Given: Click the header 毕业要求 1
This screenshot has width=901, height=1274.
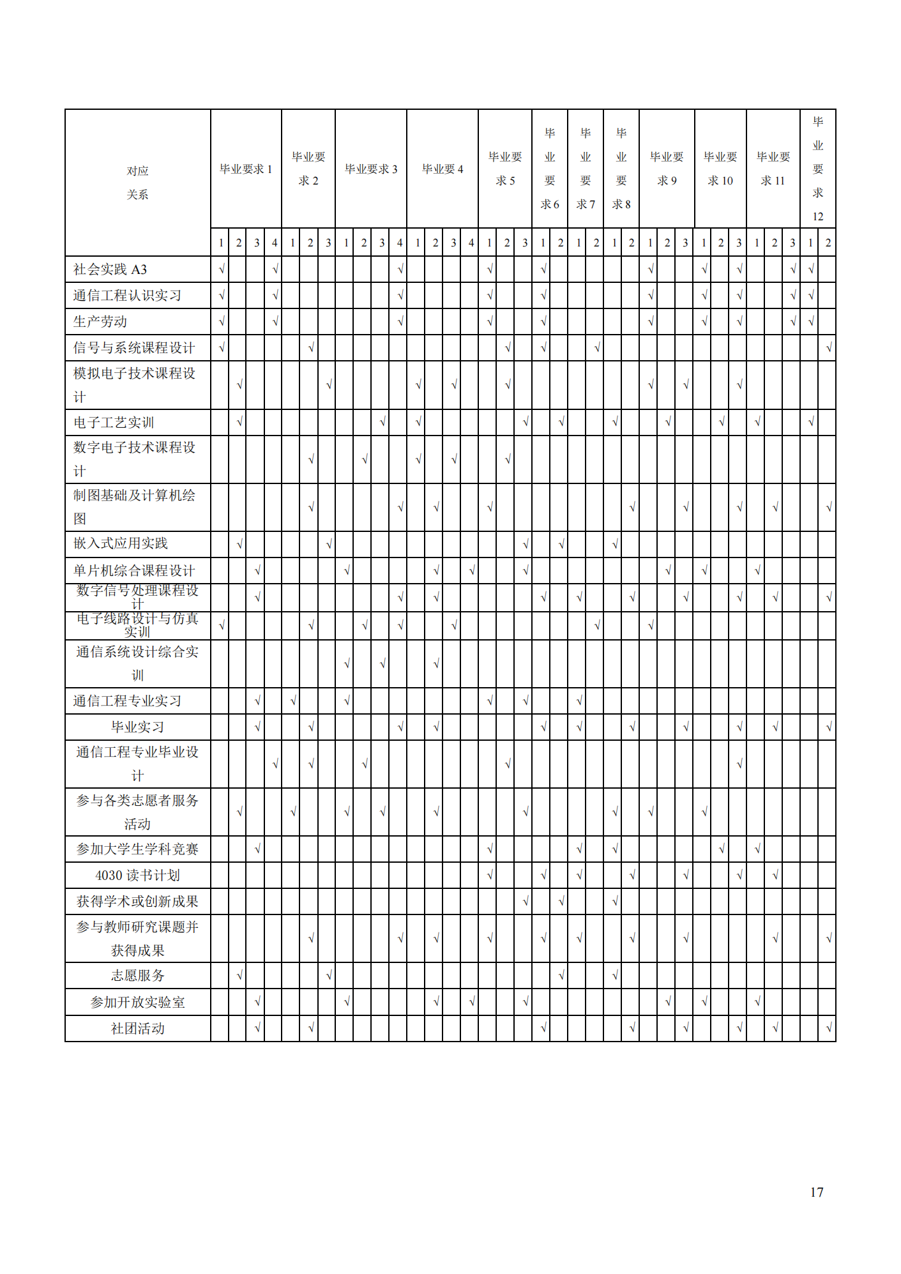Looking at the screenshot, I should (x=246, y=169).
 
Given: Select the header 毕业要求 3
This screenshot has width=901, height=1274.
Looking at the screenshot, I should (x=371, y=169).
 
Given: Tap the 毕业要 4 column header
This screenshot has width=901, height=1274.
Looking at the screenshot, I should (x=443, y=169).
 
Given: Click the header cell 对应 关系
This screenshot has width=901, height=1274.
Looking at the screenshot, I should (x=137, y=183).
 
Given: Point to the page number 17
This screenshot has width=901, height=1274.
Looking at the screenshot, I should (x=816, y=1192).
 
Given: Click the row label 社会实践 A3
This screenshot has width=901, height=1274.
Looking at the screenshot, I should (x=110, y=269).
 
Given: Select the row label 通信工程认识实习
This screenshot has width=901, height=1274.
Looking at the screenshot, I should (x=127, y=296).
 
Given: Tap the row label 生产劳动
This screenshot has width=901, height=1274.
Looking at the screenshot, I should (x=100, y=322).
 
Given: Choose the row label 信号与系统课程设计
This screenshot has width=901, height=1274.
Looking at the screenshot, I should (x=134, y=348).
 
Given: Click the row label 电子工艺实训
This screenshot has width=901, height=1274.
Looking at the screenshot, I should (x=114, y=423).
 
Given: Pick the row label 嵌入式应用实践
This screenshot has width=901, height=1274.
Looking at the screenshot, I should (x=121, y=543).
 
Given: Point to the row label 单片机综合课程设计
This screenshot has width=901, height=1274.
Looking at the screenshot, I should (x=134, y=570).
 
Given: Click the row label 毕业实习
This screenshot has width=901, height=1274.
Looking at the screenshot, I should (x=137, y=727).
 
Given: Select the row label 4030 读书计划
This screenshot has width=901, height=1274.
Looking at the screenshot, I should (x=137, y=875).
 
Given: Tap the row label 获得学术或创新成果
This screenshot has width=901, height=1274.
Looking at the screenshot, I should (x=137, y=901).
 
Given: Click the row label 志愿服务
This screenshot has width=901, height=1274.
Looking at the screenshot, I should (x=137, y=975).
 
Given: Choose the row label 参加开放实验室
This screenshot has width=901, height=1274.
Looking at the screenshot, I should (x=137, y=1002).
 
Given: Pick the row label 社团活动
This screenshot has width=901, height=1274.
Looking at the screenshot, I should (x=137, y=1028).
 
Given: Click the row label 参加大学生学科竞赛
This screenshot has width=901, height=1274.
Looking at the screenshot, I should (x=137, y=849).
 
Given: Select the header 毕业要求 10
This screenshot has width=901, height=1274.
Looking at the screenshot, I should (x=720, y=169).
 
